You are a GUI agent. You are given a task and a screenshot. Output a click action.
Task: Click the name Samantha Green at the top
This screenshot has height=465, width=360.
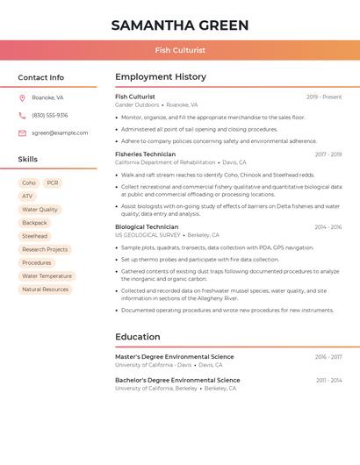(180, 25)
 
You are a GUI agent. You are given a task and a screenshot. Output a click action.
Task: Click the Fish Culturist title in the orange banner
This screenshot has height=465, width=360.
(180, 51)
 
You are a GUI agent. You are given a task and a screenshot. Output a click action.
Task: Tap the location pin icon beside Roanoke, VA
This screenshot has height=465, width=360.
(22, 98)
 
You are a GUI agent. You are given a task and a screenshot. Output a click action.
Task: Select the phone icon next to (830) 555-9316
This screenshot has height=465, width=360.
(22, 116)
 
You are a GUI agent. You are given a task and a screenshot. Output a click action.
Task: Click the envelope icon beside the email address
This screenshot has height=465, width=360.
(22, 133)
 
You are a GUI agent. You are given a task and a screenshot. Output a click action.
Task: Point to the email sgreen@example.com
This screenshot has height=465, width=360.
(60, 133)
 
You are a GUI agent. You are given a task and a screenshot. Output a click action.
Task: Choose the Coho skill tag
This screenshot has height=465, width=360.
(29, 183)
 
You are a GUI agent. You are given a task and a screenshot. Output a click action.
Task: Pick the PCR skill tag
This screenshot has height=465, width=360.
(53, 183)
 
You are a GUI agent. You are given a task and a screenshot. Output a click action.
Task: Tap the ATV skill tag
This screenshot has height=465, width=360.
(27, 197)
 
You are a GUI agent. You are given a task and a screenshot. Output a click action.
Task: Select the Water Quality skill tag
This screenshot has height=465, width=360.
(40, 210)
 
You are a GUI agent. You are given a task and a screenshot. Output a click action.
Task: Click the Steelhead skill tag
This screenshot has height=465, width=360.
(35, 236)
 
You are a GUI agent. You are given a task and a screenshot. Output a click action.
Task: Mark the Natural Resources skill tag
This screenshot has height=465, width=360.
(45, 289)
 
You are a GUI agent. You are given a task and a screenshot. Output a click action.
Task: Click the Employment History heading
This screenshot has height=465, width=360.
(161, 77)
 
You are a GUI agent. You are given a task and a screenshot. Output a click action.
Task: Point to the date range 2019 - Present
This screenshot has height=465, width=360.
(324, 97)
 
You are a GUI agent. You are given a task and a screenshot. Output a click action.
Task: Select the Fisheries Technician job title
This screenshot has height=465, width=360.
(145, 154)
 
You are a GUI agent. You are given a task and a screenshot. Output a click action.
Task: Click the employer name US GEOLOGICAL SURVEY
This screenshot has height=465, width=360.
(148, 235)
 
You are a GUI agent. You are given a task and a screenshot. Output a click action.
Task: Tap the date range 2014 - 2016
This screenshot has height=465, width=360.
(328, 227)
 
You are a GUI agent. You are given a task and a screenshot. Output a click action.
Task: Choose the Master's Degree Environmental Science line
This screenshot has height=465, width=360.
(175, 357)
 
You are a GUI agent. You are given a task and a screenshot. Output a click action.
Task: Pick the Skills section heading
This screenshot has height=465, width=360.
(28, 160)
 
